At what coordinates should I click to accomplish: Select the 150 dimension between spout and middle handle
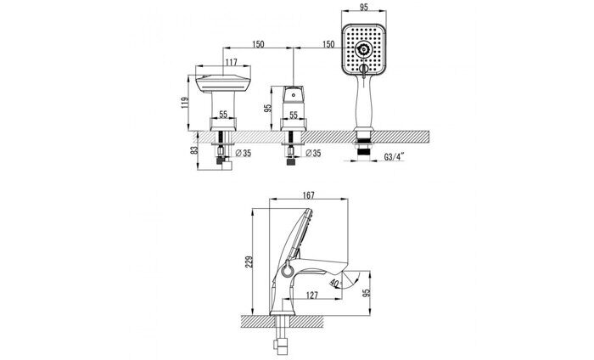coord(258,43)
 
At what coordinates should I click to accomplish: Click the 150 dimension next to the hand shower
coord(326,43)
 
